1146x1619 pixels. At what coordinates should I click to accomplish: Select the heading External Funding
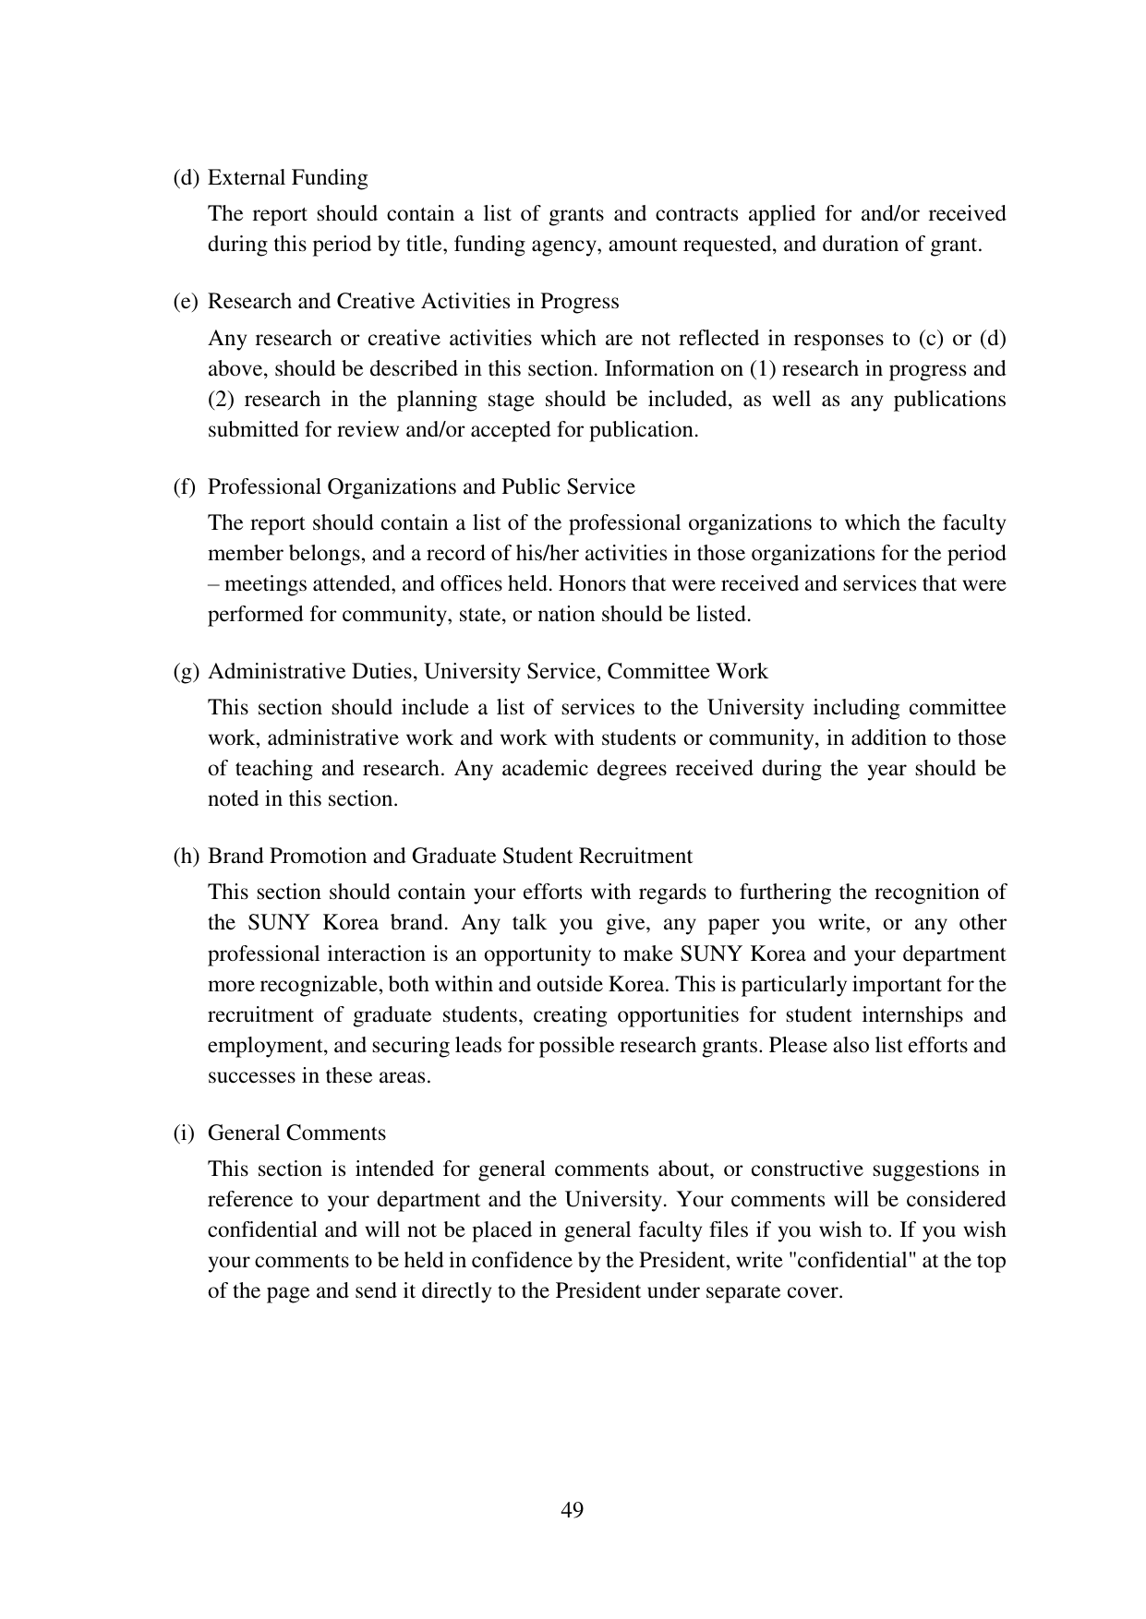coord(287,177)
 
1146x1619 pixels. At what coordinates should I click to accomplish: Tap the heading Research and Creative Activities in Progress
coord(413,301)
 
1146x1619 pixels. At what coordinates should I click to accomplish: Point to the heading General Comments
coord(296,1133)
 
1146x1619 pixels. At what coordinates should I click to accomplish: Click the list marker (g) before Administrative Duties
coord(186,671)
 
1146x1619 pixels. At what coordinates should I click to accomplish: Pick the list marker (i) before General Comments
coord(184,1133)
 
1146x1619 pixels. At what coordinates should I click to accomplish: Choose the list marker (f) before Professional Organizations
coord(185,486)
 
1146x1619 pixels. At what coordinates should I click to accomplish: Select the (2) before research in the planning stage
coord(222,399)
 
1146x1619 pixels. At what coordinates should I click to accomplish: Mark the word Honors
coord(589,583)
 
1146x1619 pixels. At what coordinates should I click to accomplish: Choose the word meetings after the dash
coord(264,583)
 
